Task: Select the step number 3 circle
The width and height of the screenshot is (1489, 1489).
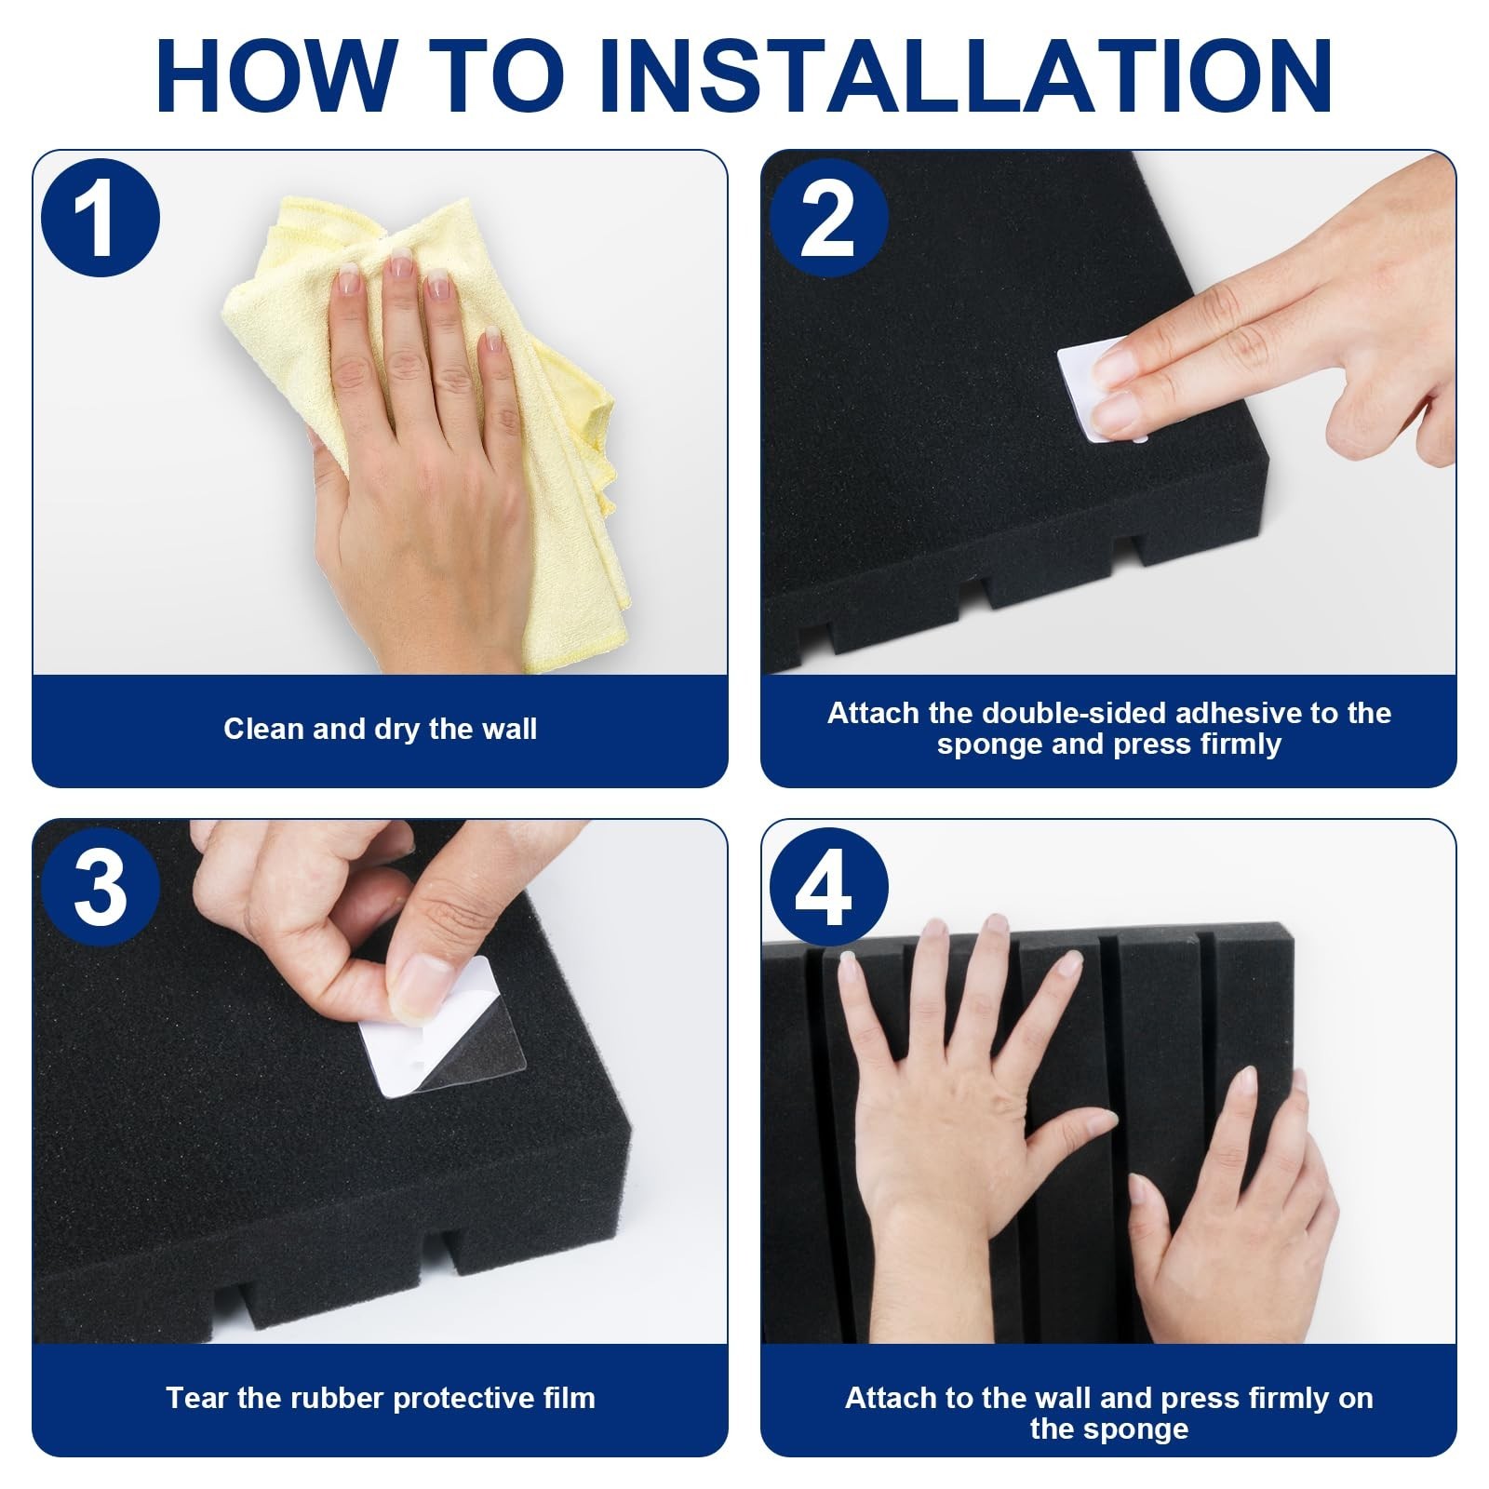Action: coord(101,887)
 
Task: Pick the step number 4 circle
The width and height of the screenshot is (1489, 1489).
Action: coord(828,887)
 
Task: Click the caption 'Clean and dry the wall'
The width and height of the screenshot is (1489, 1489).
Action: coord(380,728)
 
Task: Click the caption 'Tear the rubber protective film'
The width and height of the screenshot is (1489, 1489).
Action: coord(380,1397)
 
